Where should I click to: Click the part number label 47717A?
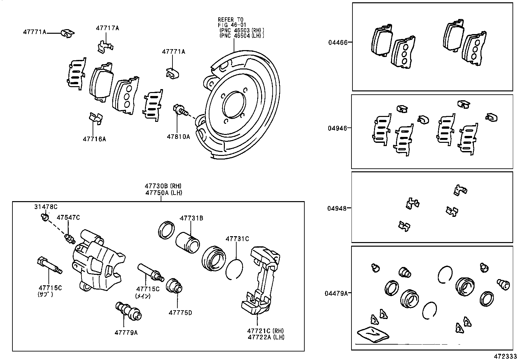coord(107,28)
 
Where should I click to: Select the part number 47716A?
coord(94,139)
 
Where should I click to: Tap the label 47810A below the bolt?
coord(178,137)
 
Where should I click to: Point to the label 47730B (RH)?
coord(163,186)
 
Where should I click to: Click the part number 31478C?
coord(46,207)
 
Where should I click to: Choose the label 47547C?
coord(68,218)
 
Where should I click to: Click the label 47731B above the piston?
coord(191,218)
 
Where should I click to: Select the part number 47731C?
coord(237,239)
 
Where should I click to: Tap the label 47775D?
coord(180,313)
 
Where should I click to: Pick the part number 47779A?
coord(126,333)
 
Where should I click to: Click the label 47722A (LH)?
coord(266,337)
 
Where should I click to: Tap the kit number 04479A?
coord(336,294)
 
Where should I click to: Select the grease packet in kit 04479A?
coord(373,334)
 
